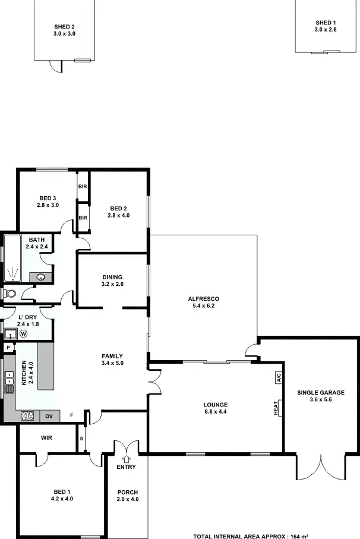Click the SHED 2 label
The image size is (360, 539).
pyautogui.click(x=64, y=27)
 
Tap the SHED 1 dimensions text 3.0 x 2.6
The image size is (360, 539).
pyautogui.click(x=325, y=29)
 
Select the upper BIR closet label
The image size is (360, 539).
pyautogui.click(x=83, y=185)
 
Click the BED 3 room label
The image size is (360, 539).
pyautogui.click(x=48, y=198)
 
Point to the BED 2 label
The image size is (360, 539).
pyautogui.click(x=118, y=208)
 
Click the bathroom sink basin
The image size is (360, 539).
pyautogui.click(x=42, y=276)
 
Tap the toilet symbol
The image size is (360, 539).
pyautogui.click(x=9, y=294)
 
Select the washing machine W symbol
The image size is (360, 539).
pyautogui.click(x=24, y=333)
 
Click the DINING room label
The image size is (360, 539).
pyautogui.click(x=112, y=277)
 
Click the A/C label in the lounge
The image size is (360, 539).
pyautogui.click(x=277, y=377)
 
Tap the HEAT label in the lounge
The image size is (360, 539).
pyautogui.click(x=276, y=408)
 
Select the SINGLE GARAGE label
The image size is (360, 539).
pyautogui.click(x=320, y=392)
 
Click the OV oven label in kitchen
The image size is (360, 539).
pyautogui.click(x=49, y=416)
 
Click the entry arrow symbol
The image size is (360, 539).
pyautogui.click(x=126, y=458)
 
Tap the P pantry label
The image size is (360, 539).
pyautogui.click(x=8, y=348)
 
